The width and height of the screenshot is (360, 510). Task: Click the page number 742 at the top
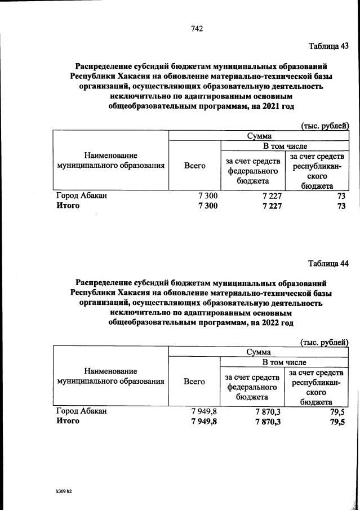tap(197, 29)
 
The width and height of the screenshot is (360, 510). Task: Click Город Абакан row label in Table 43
tap(81, 196)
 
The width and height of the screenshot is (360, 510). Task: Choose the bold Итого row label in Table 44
tap(68, 420)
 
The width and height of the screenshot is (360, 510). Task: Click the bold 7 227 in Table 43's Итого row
tap(268, 206)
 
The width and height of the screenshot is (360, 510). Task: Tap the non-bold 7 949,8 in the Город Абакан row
tap(204, 411)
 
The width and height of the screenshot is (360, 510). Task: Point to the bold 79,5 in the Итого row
tap(338, 421)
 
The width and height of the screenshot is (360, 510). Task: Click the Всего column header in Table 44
tap(194, 382)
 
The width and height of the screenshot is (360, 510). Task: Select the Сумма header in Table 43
tap(259, 136)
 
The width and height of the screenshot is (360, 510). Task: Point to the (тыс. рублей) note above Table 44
tap(325, 342)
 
